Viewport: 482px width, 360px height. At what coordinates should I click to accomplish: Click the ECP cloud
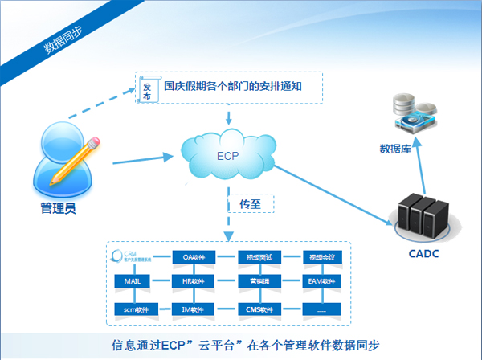[x=229, y=156]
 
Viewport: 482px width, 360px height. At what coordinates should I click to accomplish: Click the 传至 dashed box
[x=250, y=204]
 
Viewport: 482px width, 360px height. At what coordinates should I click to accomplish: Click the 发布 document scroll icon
[x=148, y=89]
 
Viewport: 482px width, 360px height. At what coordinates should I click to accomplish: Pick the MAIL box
[x=133, y=282]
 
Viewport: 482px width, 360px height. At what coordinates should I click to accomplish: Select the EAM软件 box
[x=322, y=282]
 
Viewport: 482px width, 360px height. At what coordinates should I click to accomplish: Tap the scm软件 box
[x=133, y=309]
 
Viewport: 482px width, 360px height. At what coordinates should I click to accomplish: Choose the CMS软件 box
[x=259, y=309]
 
